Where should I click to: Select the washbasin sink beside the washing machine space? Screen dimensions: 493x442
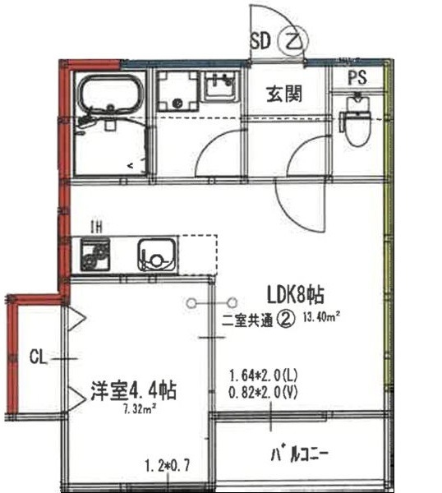point(219,86)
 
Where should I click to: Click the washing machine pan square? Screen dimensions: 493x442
point(177,92)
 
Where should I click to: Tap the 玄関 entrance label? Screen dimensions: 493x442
point(283,94)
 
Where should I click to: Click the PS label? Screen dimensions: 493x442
point(357,78)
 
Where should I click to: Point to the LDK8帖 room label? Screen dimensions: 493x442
point(297,293)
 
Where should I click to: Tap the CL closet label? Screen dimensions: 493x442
point(36,357)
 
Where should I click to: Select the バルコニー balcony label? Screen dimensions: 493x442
point(299,454)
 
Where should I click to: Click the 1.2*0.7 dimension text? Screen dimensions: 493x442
point(167,466)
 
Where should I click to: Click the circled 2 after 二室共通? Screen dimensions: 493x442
point(287,318)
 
